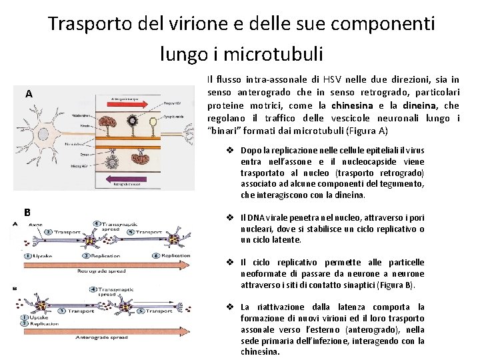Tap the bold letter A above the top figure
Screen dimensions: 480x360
click(x=29, y=94)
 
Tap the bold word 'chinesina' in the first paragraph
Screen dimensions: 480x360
click(x=353, y=105)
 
